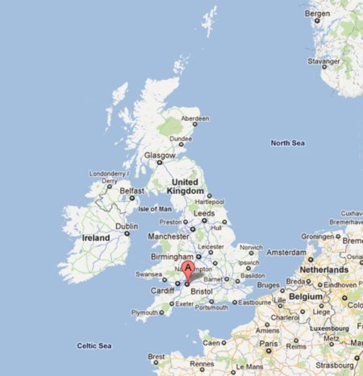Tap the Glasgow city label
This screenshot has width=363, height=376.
point(157,154)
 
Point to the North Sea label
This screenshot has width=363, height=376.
point(287,143)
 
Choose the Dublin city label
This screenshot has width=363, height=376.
point(126,227)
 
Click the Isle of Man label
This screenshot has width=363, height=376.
point(156,208)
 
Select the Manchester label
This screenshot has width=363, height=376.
point(168,236)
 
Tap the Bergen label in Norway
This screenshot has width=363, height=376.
point(318,14)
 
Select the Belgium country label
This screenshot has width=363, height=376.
point(307,296)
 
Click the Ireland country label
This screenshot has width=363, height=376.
point(96,239)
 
